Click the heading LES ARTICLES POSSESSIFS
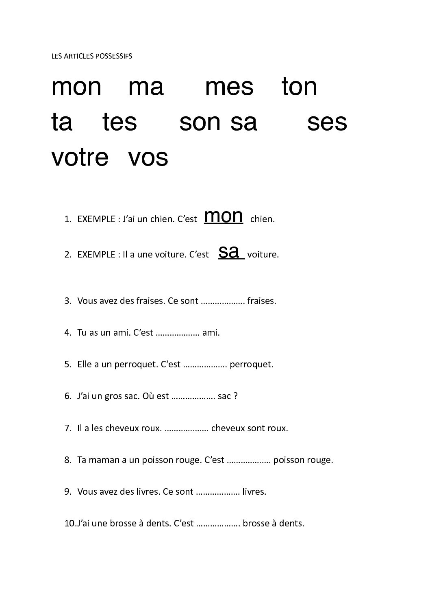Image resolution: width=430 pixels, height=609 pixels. pyautogui.click(x=91, y=57)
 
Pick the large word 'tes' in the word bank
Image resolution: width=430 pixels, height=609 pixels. pyautogui.click(x=120, y=122)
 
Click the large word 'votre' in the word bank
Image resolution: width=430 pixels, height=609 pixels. pyautogui.click(x=80, y=157)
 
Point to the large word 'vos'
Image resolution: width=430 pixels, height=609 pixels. pyautogui.click(x=148, y=157)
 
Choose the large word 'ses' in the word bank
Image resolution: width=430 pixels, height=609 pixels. pyautogui.click(x=327, y=122)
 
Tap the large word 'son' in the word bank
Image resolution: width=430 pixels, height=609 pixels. pyautogui.click(x=200, y=122)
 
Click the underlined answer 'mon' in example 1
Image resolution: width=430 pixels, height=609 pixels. pyautogui.click(x=224, y=216)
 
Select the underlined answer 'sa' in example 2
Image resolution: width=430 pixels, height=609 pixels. pyautogui.click(x=229, y=252)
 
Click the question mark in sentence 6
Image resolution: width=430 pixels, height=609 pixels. pyautogui.click(x=235, y=396)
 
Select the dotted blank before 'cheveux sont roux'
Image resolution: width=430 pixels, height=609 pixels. pyautogui.click(x=187, y=428)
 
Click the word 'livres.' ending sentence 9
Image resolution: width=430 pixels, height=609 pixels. pyautogui.click(x=254, y=492)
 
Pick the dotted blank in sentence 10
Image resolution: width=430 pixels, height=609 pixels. pyautogui.click(x=219, y=524)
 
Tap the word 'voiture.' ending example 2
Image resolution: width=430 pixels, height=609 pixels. pyautogui.click(x=263, y=255)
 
